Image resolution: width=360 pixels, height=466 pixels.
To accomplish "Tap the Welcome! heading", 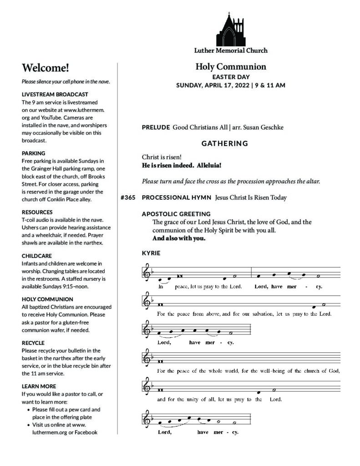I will [x=46, y=68].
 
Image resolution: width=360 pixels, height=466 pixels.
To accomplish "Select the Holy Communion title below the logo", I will [x=231, y=67].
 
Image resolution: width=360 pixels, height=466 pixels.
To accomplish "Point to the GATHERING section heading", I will [x=225, y=144].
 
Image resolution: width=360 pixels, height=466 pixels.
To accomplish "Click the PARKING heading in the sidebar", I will [x=34, y=153].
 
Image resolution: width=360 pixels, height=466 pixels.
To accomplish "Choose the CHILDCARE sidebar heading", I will [x=37, y=256].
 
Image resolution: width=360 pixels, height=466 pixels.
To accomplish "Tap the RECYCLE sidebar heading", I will [x=33, y=343].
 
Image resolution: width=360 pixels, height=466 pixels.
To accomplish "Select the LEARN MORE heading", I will [x=38, y=386].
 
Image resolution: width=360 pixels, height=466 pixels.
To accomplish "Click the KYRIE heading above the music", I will [x=151, y=253].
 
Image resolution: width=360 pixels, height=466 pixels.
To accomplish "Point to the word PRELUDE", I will [x=156, y=127].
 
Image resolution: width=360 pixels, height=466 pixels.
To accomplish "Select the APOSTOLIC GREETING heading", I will [x=176, y=214].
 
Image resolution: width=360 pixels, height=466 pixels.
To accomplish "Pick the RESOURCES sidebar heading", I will [x=37, y=212].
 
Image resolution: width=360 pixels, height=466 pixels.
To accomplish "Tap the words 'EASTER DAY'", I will [x=231, y=77].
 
